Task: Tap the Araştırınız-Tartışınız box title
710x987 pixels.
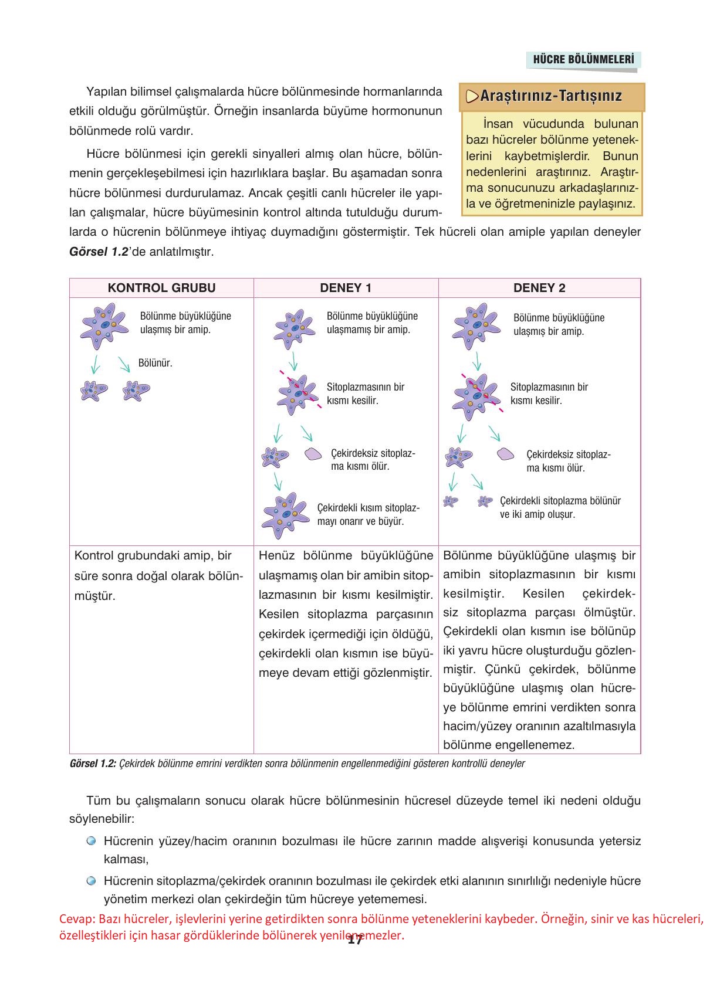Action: [551, 96]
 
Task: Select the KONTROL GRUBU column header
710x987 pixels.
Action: [161, 288]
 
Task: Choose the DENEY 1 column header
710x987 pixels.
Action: [346, 288]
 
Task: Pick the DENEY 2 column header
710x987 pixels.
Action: [539, 288]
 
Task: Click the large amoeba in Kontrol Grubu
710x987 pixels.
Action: [104, 325]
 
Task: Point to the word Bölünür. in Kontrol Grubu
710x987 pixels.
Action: [155, 363]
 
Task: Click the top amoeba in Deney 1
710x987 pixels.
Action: [294, 329]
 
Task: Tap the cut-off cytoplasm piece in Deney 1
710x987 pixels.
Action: [313, 454]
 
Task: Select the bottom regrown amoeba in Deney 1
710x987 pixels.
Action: [285, 514]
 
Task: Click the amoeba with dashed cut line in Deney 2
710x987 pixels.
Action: [476, 395]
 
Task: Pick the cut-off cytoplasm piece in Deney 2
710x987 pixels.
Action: [505, 454]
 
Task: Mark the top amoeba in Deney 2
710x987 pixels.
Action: [476, 325]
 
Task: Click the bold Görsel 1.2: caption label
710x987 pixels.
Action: [93, 764]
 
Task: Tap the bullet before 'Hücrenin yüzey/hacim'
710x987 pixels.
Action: [91, 841]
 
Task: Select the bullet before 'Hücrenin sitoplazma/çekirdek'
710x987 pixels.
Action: [91, 881]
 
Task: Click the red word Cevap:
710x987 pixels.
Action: [77, 919]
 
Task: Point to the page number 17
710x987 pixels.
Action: [354, 940]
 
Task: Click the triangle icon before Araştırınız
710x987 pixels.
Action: [472, 96]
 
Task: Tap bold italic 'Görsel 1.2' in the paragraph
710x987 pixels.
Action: [99, 252]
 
